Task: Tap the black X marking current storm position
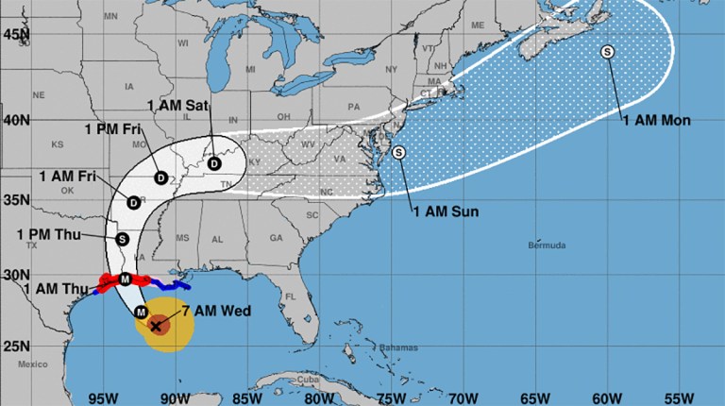click(157, 326)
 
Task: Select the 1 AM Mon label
click(656, 120)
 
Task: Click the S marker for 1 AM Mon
click(607, 52)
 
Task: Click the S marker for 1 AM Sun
click(398, 152)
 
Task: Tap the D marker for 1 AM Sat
click(214, 163)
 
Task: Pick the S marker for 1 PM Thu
click(122, 239)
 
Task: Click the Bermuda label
click(548, 245)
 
